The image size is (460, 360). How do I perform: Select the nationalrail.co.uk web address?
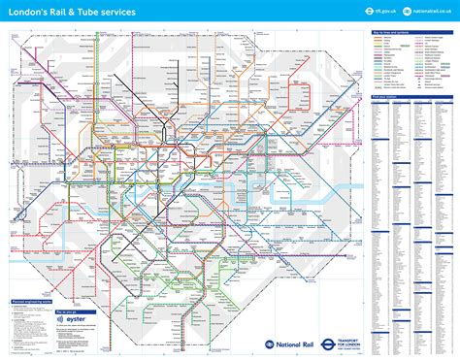tap(430, 11)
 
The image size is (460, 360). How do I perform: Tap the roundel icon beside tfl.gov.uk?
tap(370, 11)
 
